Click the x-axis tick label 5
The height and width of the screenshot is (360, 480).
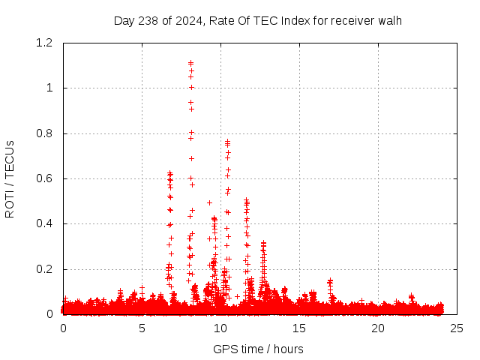pos(142,328)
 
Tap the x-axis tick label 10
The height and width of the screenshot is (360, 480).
pos(220,328)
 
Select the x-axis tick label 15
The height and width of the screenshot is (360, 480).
pos(299,328)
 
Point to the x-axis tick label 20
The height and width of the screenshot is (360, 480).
pos(378,328)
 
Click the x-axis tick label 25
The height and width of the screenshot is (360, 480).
pos(457,328)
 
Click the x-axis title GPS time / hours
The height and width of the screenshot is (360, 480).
pos(259,349)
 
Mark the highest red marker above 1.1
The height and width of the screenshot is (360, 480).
pos(190,62)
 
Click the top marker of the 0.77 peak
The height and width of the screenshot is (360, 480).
pos(227,140)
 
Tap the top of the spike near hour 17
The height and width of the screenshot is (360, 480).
pos(330,280)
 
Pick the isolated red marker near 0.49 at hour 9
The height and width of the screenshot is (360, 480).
pos(209,202)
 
